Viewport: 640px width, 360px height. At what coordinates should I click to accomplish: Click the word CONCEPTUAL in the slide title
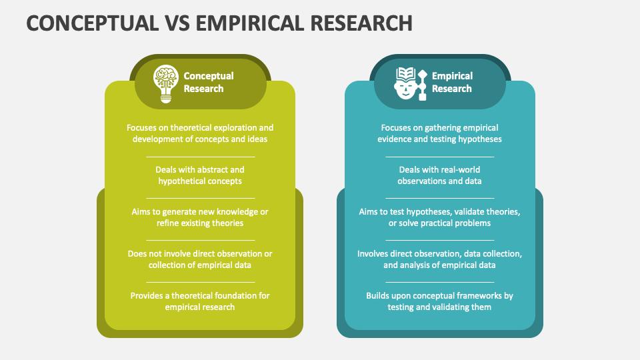93,23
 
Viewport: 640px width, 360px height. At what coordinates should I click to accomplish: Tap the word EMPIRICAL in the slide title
250,23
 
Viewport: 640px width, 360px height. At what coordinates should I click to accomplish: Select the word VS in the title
177,23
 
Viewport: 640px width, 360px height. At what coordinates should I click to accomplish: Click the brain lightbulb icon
166,84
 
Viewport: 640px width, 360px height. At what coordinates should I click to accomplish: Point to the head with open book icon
411,84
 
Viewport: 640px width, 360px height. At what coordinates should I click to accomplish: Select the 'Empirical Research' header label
452,82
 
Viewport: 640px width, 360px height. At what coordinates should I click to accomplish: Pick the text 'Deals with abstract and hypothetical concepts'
200,175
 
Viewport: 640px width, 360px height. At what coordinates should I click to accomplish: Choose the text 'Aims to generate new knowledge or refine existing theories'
200,217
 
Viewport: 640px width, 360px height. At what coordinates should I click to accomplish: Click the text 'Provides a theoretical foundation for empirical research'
200,301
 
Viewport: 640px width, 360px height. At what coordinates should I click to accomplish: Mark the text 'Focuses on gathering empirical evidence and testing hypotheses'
439,133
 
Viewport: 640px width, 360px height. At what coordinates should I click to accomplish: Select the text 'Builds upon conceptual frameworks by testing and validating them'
439,301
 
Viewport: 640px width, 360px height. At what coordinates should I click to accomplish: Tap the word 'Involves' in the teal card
373,254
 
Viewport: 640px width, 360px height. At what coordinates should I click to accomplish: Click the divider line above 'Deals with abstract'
201,157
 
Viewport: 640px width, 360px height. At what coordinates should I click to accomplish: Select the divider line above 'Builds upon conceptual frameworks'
440,282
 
